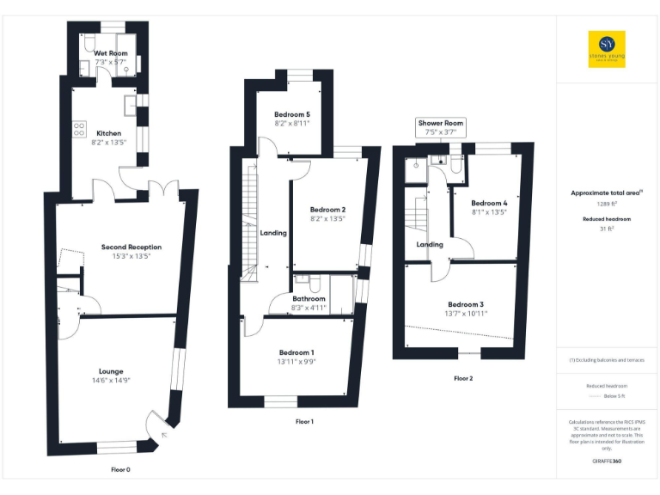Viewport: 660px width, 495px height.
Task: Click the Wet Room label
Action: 110,53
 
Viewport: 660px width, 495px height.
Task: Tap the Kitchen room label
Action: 109,133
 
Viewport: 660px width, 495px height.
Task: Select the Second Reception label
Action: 131,247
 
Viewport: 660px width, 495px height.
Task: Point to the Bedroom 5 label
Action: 291,114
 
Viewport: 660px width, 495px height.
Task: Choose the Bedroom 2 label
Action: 327,210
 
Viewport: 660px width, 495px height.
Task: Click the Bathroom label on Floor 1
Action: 309,298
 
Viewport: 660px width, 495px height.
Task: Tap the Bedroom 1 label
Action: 296,352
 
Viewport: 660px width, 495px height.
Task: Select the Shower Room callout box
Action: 441,127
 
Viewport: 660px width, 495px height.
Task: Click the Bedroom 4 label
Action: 489,203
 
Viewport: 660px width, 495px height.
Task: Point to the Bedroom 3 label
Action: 466,304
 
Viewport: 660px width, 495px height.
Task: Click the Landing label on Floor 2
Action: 430,245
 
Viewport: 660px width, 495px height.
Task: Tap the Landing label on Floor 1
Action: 273,233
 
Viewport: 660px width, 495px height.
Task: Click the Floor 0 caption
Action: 121,470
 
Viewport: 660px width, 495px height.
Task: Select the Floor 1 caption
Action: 304,422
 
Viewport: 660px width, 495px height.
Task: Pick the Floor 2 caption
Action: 463,378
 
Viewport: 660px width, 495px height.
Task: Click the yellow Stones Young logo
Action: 607,49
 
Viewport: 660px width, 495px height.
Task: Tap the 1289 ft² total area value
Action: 607,205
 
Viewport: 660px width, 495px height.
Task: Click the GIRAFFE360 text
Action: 607,461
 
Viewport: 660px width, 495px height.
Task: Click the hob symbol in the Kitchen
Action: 79,130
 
